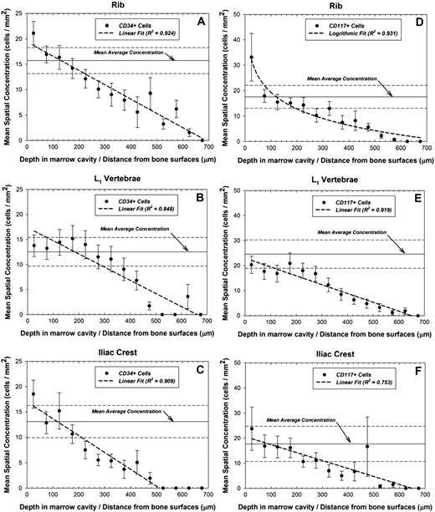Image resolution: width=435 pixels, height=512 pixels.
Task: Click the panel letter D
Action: [x=416, y=25]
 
